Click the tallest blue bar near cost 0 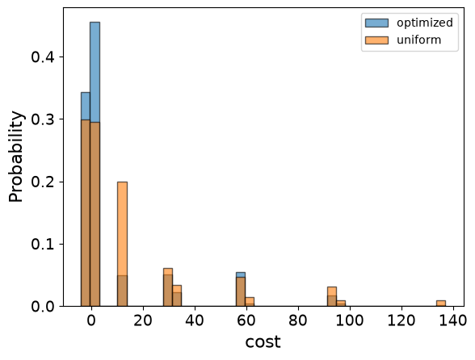(x=95, y=164)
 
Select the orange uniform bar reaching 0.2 (x=123, y=244)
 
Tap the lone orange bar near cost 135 (x=441, y=303)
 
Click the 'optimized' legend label (x=425, y=23)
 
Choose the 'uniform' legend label (x=418, y=40)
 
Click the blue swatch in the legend (x=376, y=23)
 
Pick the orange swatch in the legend (x=376, y=40)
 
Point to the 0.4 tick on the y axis (x=43, y=57)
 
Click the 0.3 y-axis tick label (x=43, y=119)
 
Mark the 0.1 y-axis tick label (x=43, y=244)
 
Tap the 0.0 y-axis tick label (x=43, y=307)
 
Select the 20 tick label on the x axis (x=143, y=320)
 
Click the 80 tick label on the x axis (x=298, y=320)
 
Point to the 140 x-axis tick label (x=453, y=320)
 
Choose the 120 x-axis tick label (x=401, y=320)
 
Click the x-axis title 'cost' (x=263, y=342)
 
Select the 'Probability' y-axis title (x=16, y=157)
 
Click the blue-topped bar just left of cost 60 (x=241, y=289)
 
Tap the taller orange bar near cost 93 (x=332, y=296)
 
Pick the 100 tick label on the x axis (x=350, y=320)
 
